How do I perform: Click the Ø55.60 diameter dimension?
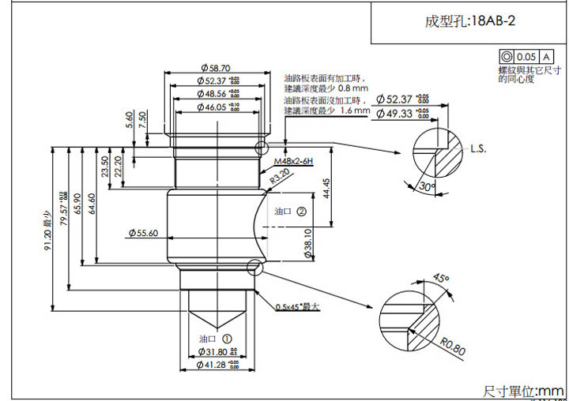pyautogui.click(x=142, y=233)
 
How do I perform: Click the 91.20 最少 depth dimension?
pyautogui.click(x=48, y=234)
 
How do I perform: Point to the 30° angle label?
pyautogui.click(x=428, y=187)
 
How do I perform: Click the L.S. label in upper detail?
pyautogui.click(x=478, y=148)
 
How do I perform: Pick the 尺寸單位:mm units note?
pyautogui.click(x=523, y=391)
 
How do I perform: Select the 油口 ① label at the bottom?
pyautogui.click(x=213, y=337)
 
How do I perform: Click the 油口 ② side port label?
pyautogui.click(x=289, y=212)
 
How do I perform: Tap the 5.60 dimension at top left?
pyautogui.click(x=130, y=119)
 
